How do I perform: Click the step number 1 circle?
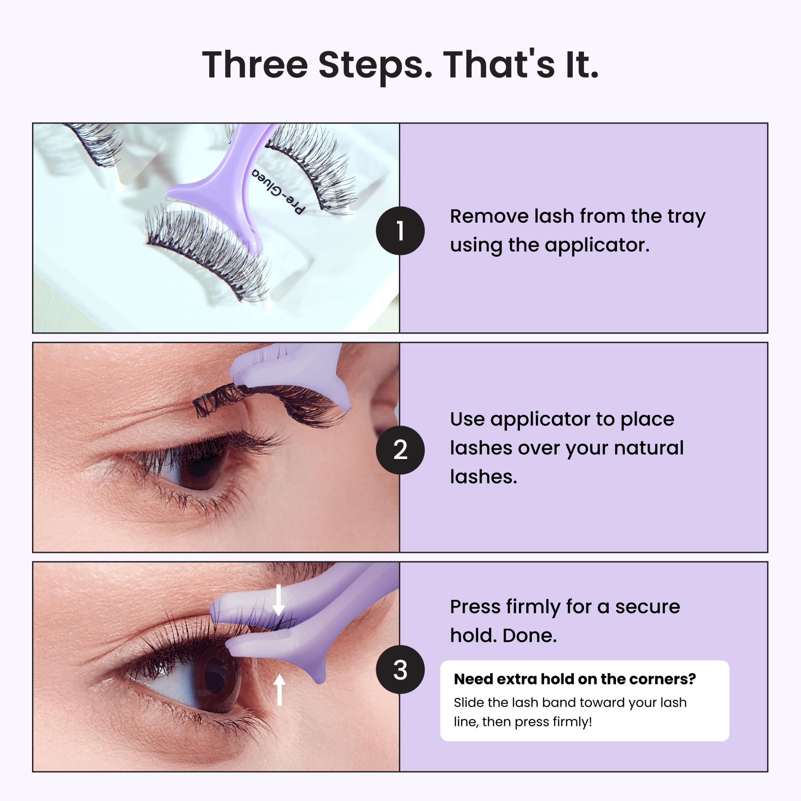click(x=400, y=231)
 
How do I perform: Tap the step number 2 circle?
click(x=400, y=450)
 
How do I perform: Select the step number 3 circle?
click(x=400, y=669)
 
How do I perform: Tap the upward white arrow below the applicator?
click(x=280, y=690)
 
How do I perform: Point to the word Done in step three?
click(x=529, y=636)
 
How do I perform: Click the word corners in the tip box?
click(x=665, y=679)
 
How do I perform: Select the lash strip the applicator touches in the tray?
click(x=207, y=253)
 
